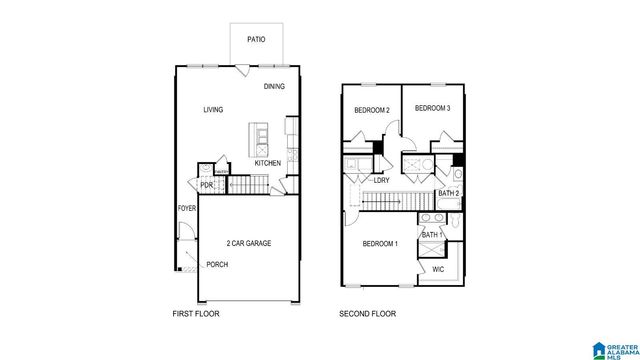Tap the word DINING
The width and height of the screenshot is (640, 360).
pyautogui.click(x=274, y=87)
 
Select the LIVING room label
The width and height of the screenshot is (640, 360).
pyautogui.click(x=213, y=110)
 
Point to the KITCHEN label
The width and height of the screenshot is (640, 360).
pyautogui.click(x=267, y=163)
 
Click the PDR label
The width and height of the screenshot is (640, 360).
pyautogui.click(x=206, y=185)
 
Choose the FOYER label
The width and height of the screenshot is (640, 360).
pyautogui.click(x=187, y=209)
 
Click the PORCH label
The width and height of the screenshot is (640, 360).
pyautogui.click(x=217, y=264)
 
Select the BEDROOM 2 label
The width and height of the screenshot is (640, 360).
pyautogui.click(x=371, y=110)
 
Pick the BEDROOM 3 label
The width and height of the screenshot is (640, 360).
pyautogui.click(x=432, y=108)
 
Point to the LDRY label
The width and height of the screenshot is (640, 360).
pyautogui.click(x=381, y=181)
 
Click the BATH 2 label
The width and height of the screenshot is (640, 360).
pyautogui.click(x=448, y=193)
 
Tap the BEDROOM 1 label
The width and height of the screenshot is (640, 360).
pyautogui.click(x=380, y=244)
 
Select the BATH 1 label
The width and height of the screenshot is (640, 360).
pyautogui.click(x=431, y=235)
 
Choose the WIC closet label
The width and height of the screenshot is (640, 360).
pyautogui.click(x=438, y=269)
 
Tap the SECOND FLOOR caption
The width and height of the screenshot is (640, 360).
pyautogui.click(x=367, y=314)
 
